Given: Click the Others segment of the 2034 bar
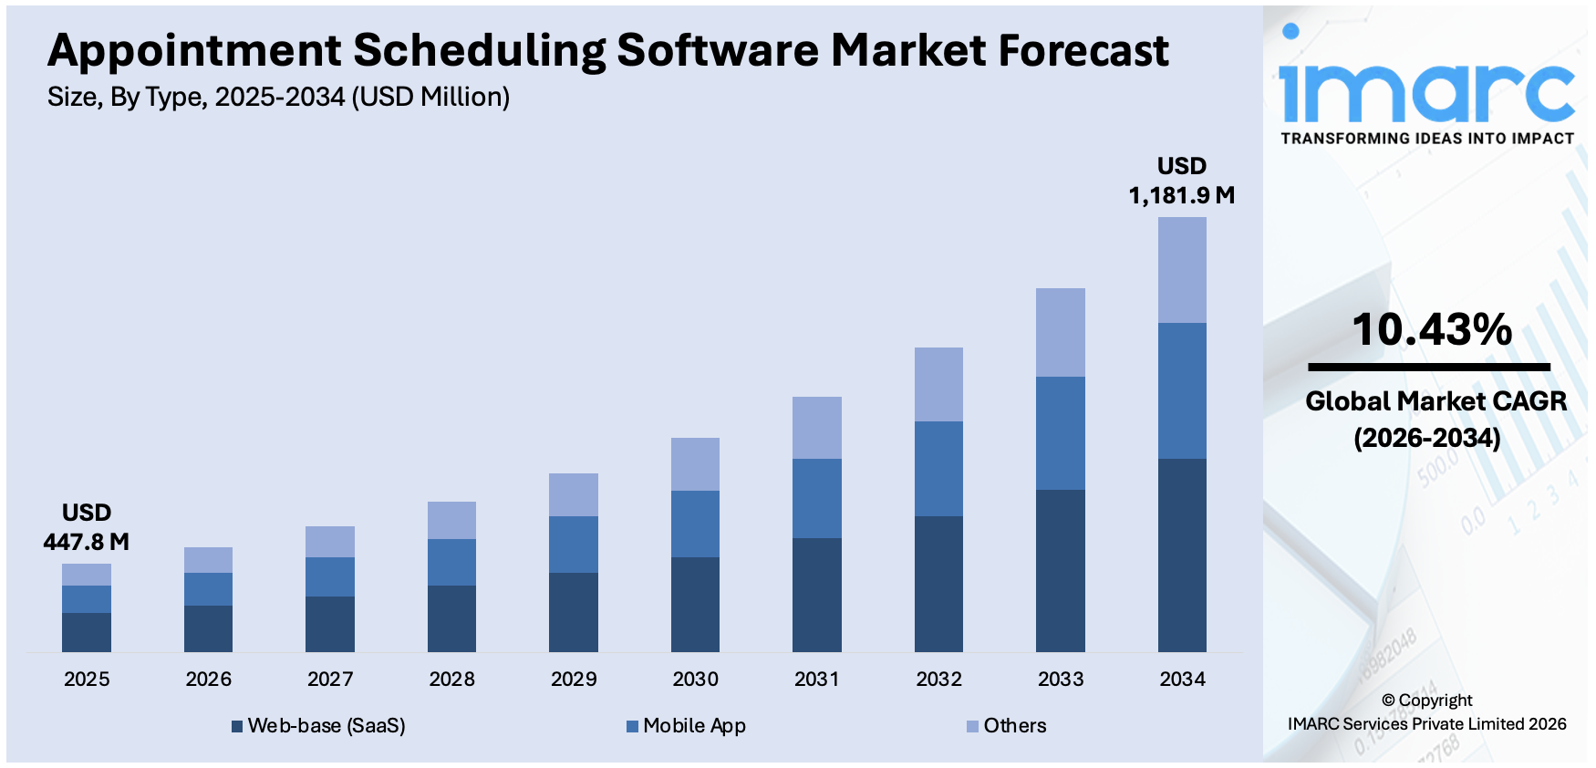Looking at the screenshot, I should tap(1182, 270).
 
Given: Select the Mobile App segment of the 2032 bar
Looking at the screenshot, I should tap(938, 469).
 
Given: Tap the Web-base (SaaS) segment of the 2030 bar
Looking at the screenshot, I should tap(695, 604).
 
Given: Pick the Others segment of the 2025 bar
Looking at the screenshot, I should tap(87, 575).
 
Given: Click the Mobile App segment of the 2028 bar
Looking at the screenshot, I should tap(451, 562).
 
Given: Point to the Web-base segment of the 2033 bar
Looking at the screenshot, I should tap(1060, 570).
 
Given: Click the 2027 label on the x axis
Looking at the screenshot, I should tap(330, 680).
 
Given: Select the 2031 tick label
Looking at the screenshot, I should tap(816, 680).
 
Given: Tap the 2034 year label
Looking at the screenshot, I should tap(1182, 680).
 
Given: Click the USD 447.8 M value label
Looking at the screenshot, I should tap(87, 528).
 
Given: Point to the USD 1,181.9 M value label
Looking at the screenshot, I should tap(1182, 182).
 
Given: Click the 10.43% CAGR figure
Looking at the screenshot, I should tap(1431, 330).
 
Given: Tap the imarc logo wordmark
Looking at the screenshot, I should tap(1426, 91).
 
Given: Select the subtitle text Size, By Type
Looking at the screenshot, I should tap(127, 97).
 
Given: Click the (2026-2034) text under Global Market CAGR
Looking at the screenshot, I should tap(1427, 439).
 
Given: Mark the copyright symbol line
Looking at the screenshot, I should tap(1426, 701).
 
